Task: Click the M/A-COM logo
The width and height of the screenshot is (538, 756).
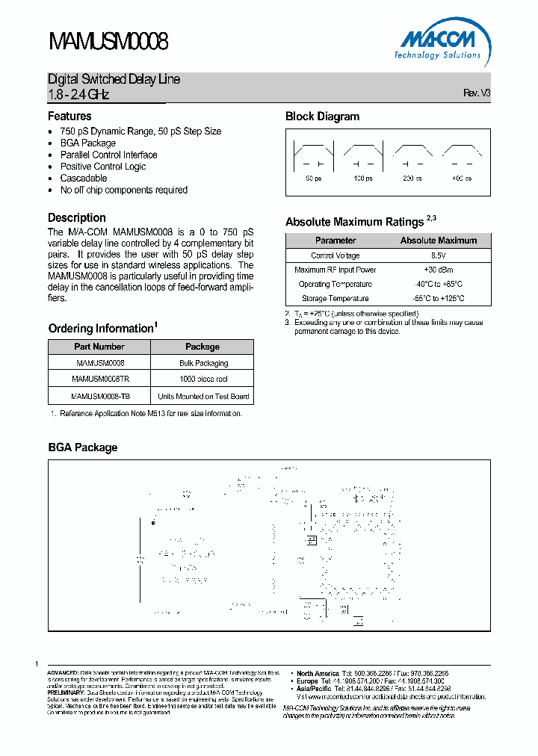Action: tap(437, 42)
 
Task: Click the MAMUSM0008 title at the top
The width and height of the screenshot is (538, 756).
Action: tap(108, 41)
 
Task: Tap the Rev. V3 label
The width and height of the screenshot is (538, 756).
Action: tap(477, 93)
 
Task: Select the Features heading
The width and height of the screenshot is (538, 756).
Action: tap(69, 117)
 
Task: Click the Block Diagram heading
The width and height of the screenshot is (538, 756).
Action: tap(322, 117)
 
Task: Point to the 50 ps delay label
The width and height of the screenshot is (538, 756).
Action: tap(313, 179)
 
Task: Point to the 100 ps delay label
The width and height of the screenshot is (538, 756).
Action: tap(362, 179)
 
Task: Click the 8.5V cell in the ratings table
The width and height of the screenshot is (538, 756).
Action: tap(438, 255)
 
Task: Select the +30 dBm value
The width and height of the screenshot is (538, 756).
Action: tap(438, 270)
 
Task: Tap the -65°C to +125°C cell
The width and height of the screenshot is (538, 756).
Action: tap(438, 298)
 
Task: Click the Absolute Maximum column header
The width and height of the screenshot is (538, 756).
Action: tap(438, 241)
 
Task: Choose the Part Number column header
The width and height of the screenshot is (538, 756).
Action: tap(99, 347)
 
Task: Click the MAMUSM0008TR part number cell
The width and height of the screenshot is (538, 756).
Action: tap(99, 379)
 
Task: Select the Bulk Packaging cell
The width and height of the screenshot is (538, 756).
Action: tap(202, 363)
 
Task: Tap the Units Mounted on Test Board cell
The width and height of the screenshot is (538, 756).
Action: tap(202, 396)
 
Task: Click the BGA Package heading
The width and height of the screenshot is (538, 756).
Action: tap(82, 447)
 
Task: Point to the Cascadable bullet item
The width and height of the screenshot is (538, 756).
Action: tap(84, 179)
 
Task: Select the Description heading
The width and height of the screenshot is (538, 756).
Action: tap(77, 218)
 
